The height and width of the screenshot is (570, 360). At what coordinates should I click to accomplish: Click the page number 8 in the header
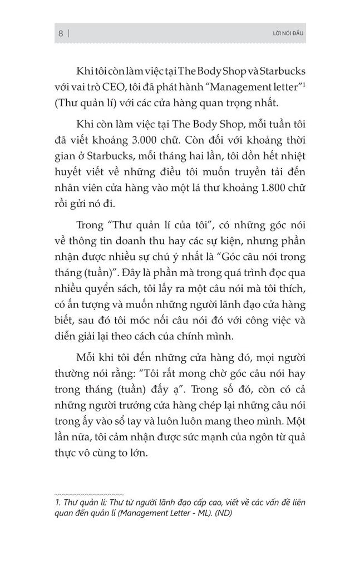pyautogui.click(x=60, y=34)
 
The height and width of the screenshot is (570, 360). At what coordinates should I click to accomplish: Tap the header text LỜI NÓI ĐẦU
pyautogui.click(x=285, y=35)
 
